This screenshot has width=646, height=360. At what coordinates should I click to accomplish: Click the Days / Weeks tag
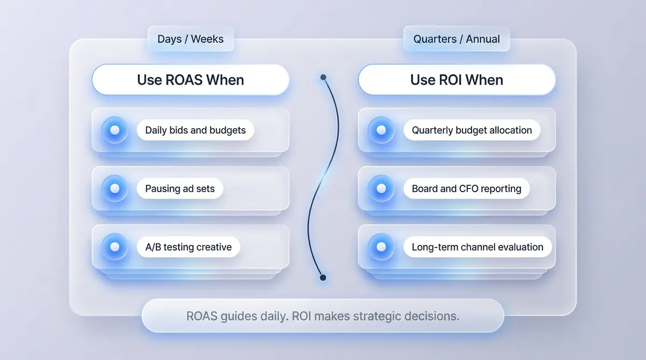pos(191,39)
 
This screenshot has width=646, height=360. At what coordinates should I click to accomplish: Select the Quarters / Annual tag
pos(457,39)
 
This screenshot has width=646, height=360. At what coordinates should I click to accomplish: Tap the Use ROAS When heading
pos(191,80)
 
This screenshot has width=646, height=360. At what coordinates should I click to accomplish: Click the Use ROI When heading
pos(457,80)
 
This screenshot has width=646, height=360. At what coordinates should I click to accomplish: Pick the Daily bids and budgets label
pos(195,130)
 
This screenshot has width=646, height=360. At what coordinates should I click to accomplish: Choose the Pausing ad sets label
pos(180,188)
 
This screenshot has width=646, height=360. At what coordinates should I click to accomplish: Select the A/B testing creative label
pos(188,247)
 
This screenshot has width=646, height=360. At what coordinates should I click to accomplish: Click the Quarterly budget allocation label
pos(472,130)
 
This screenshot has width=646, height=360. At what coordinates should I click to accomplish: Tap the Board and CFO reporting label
pos(466,188)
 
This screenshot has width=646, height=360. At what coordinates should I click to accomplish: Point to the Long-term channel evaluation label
pos(478,247)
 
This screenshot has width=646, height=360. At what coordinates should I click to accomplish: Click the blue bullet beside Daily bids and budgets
pos(115,130)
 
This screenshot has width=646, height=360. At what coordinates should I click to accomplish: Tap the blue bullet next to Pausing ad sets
pos(115,188)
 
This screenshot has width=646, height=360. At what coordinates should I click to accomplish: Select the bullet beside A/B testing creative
pos(115,247)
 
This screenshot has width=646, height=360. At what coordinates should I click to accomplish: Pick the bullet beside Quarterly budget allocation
pos(381,130)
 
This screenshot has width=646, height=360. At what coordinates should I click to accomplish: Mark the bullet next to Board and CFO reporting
pos(381,188)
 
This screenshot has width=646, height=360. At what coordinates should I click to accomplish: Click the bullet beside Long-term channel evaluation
pos(381,247)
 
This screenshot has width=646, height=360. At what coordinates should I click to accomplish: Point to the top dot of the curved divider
pos(324,77)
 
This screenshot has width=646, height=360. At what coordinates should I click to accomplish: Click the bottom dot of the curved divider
pos(323,278)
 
